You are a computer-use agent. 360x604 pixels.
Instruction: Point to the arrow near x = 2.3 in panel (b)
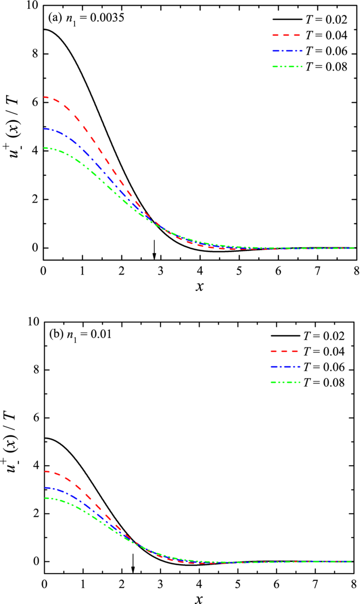click(133, 562)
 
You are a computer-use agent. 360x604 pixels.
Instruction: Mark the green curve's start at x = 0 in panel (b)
click(45, 498)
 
